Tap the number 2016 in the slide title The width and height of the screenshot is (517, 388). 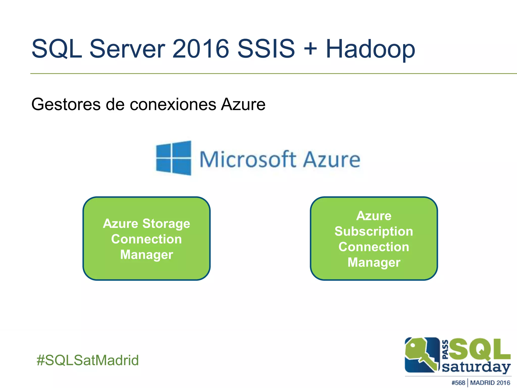tap(200, 48)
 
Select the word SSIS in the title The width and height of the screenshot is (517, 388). tap(266, 48)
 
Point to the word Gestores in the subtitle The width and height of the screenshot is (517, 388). tap(66, 104)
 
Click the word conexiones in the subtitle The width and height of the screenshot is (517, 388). tap(173, 104)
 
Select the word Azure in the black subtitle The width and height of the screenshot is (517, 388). tap(243, 104)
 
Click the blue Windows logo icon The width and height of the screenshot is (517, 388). tap(174, 158)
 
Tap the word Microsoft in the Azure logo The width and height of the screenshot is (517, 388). tap(248, 159)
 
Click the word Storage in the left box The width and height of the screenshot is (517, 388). tap(166, 224)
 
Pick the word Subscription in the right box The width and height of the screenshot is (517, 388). tap(374, 232)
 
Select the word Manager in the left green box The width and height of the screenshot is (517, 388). tap(146, 255)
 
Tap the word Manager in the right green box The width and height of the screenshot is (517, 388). tap(374, 262)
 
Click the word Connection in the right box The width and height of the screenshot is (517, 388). tap(374, 247)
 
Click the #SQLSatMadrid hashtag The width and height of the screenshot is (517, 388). tap(88, 360)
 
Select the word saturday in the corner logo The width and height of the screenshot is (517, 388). tap(476, 367)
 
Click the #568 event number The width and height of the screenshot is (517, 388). tap(458, 383)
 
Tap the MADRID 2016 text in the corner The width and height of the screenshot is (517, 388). tap(490, 383)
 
